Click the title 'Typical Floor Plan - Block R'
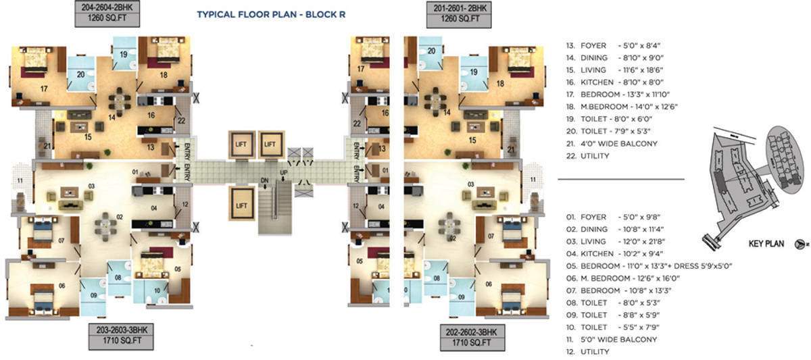click(272, 13)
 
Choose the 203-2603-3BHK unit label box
click(122, 336)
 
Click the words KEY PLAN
click(766, 245)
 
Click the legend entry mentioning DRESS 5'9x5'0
click(649, 265)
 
